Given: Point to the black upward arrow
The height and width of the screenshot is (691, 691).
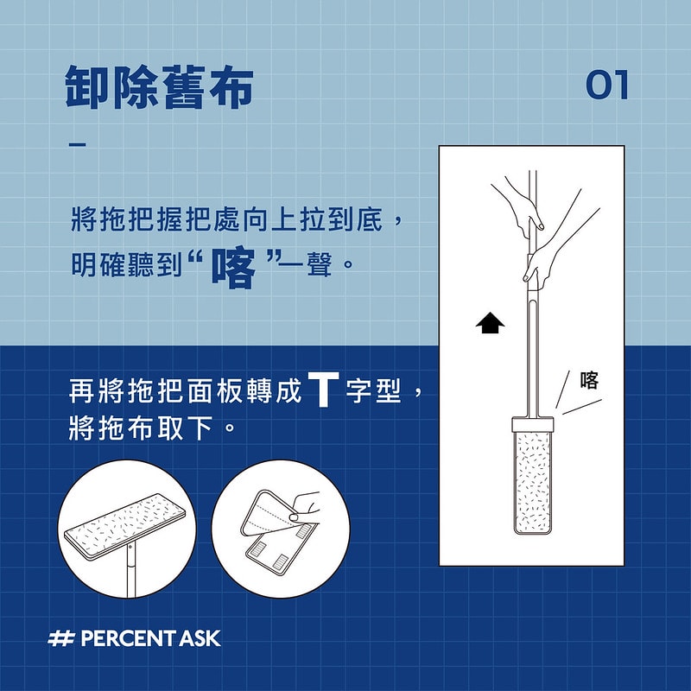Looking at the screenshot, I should coord(490,323).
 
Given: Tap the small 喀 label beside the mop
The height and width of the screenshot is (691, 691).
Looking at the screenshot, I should coord(590,380).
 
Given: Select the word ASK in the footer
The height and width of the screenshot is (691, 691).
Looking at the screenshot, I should coord(201,639).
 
